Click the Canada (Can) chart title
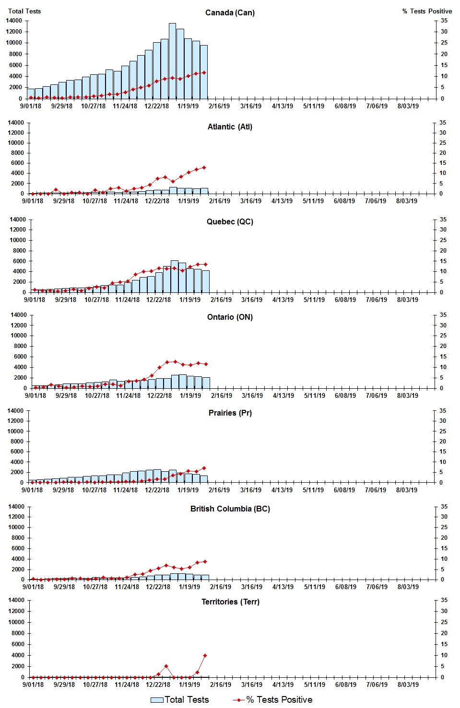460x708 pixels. coord(230,12)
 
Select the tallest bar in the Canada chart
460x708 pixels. coord(172,61)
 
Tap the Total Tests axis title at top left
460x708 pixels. coord(24,11)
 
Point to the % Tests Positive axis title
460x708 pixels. coord(427,11)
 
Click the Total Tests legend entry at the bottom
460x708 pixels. coord(180,700)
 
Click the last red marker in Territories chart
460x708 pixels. coord(205,655)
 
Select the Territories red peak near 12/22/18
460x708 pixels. coord(166,666)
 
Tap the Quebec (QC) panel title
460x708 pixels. coord(230,221)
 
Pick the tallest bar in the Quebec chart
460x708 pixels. coord(175,277)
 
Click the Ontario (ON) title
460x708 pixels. coord(230,317)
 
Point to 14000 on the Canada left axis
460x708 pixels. coord(14,21)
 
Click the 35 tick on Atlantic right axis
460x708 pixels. coord(443,123)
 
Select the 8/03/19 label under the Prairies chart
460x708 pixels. coord(407,490)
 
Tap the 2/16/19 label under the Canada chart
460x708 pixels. coord(219,106)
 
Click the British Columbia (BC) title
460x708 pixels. coord(230,509)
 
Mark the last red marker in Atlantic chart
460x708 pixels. coord(204,167)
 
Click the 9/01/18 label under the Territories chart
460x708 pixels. coord(33,685)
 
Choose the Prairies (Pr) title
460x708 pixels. coord(230,413)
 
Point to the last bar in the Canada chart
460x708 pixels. coord(204,72)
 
